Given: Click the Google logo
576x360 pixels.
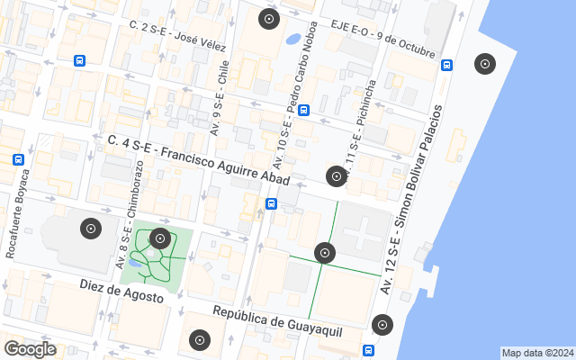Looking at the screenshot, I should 30,348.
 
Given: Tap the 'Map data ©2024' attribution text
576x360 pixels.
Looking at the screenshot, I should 537,353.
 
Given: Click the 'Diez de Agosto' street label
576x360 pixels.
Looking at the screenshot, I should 121,290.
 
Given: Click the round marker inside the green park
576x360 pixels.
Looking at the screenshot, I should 160,238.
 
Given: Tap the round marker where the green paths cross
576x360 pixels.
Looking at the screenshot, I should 325,253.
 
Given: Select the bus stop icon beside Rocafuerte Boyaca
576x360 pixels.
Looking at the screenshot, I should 19,159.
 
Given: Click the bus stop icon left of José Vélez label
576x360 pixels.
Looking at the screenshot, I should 80,61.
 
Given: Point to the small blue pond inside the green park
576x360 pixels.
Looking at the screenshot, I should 135,263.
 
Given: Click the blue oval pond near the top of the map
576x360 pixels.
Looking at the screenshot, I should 293,40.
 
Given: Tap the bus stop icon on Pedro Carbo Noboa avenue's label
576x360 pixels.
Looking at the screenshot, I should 303,111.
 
